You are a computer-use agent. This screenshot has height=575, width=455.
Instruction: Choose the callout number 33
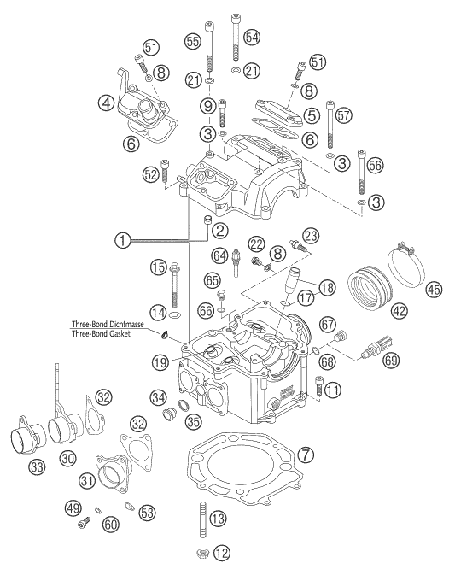click(x=38, y=466)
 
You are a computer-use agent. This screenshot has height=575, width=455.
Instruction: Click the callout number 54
click(x=251, y=36)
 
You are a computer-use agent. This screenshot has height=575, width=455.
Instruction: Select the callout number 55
click(x=193, y=41)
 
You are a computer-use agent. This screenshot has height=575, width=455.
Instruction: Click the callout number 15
click(x=155, y=267)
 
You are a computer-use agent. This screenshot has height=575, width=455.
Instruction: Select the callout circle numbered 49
click(x=71, y=509)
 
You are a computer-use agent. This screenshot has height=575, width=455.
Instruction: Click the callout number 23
click(x=310, y=235)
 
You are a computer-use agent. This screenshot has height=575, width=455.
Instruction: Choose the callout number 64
click(x=220, y=255)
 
